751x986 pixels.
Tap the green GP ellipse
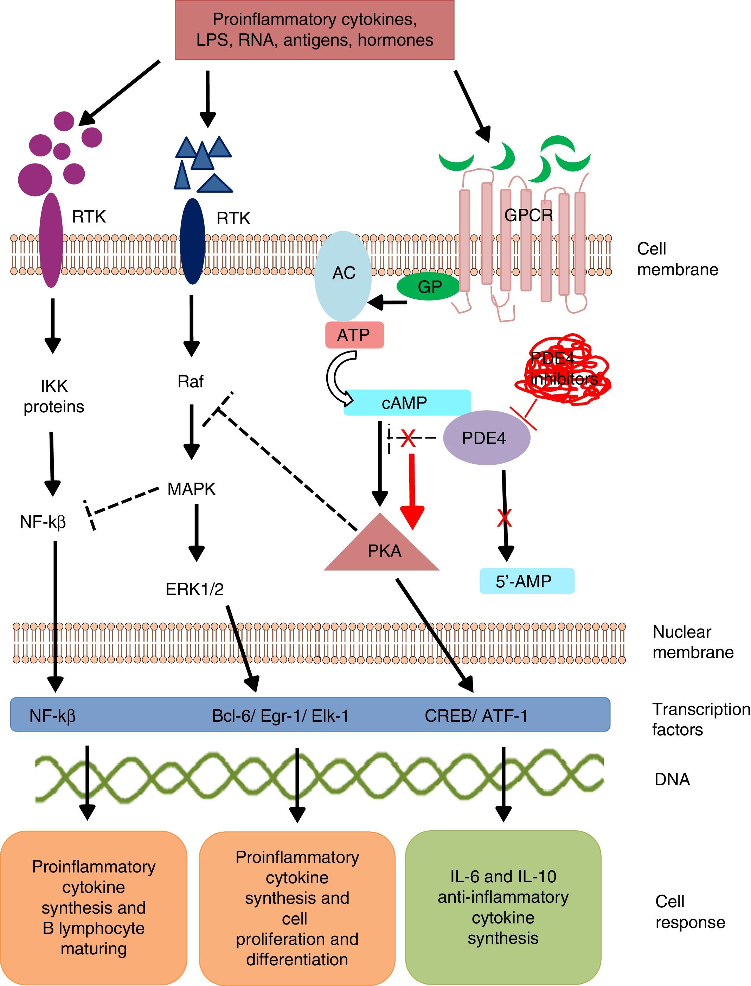click(x=428, y=286)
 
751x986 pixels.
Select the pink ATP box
click(x=354, y=335)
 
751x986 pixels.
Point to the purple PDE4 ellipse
click(x=486, y=438)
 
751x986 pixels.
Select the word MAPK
click(x=191, y=489)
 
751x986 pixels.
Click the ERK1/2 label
click(x=194, y=589)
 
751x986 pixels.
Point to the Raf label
click(x=191, y=381)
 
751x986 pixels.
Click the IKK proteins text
click(x=54, y=396)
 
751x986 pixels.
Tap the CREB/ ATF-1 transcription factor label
click(x=476, y=716)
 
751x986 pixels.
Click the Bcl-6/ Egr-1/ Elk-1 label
click(x=280, y=716)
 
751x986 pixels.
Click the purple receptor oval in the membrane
click(x=51, y=240)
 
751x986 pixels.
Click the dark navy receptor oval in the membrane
click(x=192, y=241)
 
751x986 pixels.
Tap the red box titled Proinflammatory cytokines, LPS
click(x=314, y=30)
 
